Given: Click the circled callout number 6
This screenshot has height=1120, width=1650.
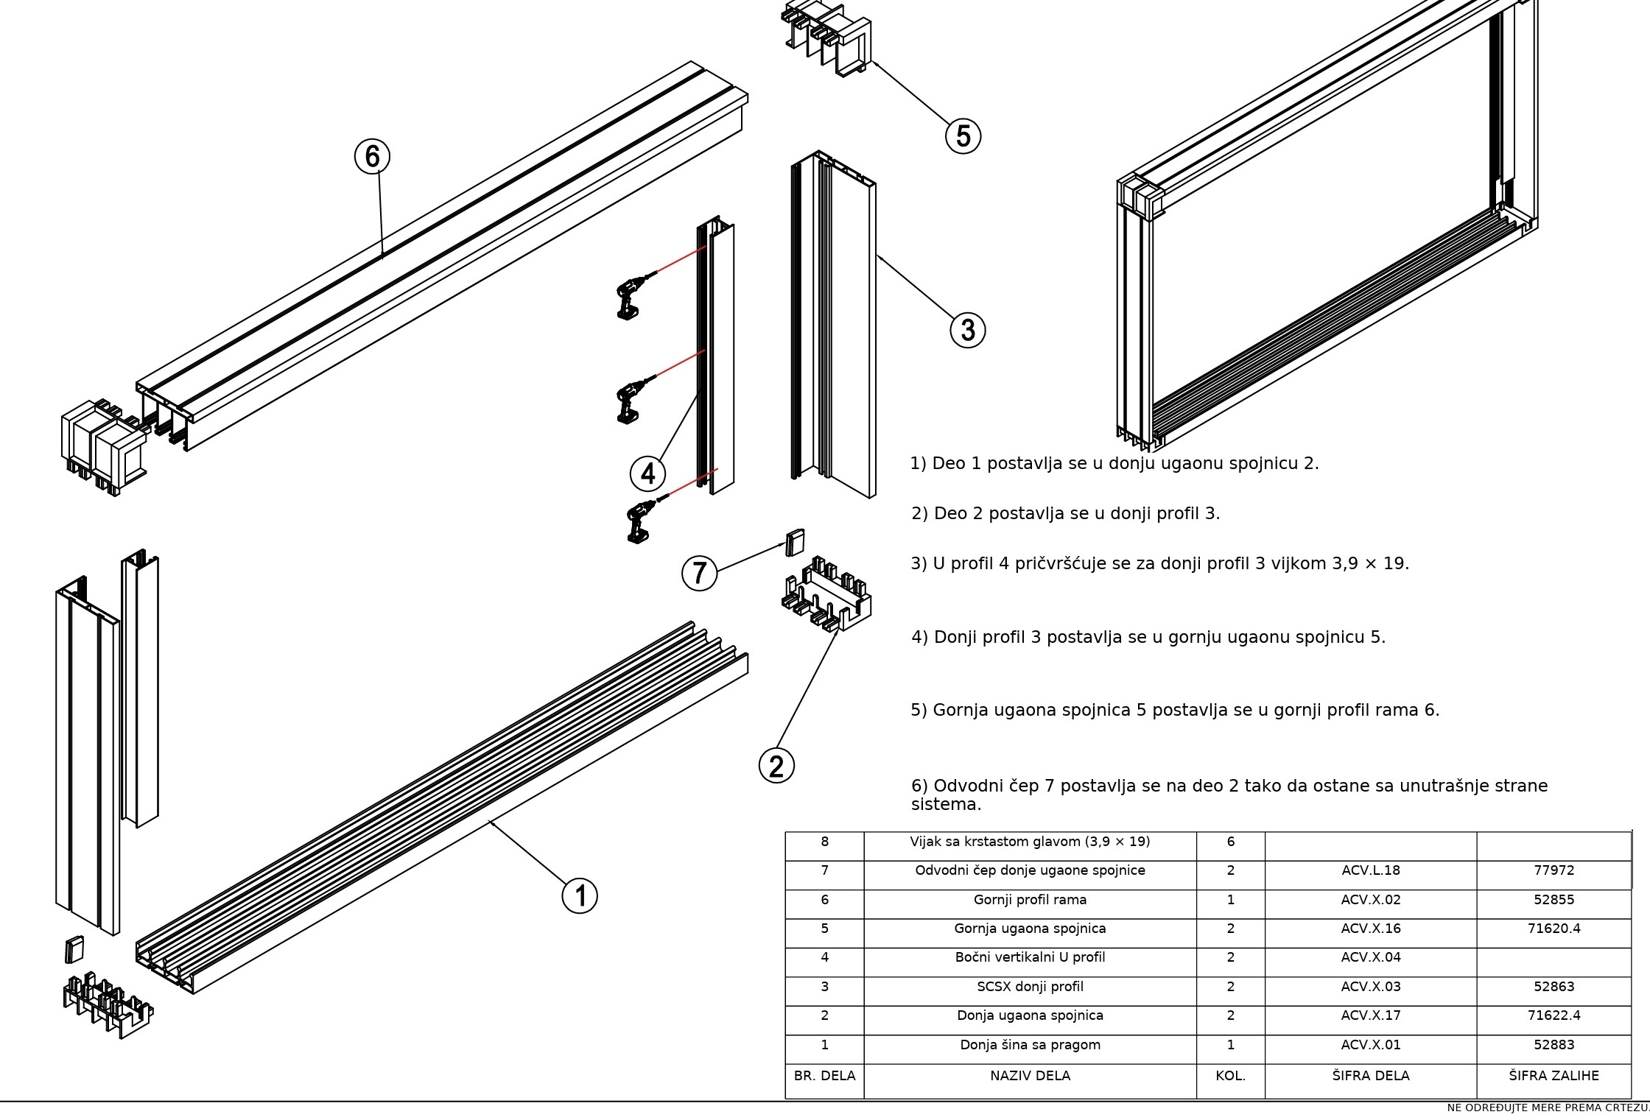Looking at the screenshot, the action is [372, 156].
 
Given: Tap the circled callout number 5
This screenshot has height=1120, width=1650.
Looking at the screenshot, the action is [963, 135].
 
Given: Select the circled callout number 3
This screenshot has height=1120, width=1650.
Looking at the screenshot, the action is [967, 329].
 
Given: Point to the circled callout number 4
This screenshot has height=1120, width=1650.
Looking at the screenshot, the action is [647, 473].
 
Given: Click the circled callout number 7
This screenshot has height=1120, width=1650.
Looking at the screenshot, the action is [700, 573].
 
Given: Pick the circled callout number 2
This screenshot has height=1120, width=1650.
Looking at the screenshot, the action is [776, 766].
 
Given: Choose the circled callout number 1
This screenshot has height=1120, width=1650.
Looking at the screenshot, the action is [580, 895].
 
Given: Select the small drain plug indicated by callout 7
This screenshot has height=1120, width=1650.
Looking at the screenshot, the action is [794, 542].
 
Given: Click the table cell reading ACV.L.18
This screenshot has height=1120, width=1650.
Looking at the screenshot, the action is [1371, 870].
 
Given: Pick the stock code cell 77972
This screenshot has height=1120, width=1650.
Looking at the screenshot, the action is [1554, 870].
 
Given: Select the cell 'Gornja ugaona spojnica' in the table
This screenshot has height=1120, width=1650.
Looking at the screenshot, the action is [1030, 929].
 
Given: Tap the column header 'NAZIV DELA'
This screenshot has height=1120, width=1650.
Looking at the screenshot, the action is [1030, 1076].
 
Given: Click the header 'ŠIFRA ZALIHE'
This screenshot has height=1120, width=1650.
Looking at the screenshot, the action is [1554, 1076].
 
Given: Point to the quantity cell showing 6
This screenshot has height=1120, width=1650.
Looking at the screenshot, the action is [1231, 842].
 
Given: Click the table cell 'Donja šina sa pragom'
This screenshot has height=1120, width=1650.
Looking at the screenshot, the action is [1030, 1045].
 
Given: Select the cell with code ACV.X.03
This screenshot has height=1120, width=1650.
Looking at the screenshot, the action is [1371, 987].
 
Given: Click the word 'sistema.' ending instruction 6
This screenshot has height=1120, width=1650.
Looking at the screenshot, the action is [947, 804].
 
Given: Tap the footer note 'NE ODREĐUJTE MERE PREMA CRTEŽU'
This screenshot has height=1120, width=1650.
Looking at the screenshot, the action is [1548, 1108].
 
